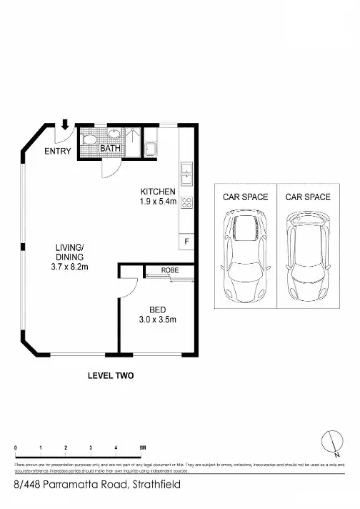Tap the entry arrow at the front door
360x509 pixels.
[x=65, y=125]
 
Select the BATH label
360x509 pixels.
[x=109, y=148]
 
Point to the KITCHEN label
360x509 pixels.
[x=158, y=191]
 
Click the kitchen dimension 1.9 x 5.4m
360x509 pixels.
[x=158, y=202]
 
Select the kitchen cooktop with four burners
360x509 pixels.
[x=186, y=202]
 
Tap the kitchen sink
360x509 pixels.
[x=186, y=172]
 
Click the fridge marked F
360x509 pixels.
[x=186, y=242]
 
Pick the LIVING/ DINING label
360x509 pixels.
[x=70, y=252]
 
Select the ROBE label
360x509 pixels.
[x=169, y=271]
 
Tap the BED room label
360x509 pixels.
[x=157, y=310]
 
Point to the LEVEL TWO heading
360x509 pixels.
[x=111, y=375]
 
